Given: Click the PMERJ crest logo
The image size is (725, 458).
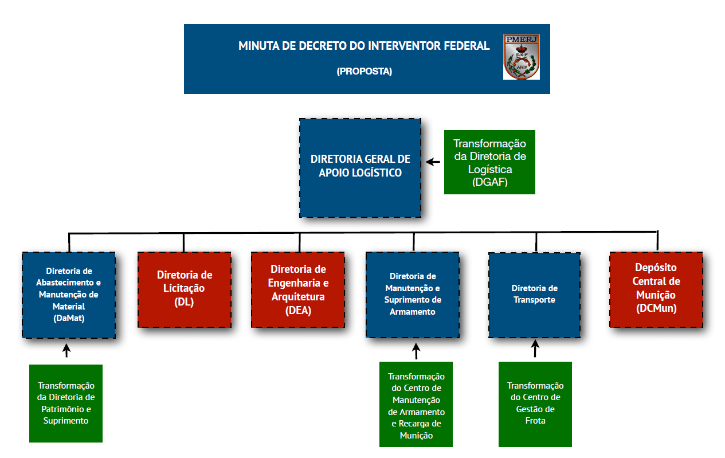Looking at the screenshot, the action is pyautogui.click(x=522, y=57).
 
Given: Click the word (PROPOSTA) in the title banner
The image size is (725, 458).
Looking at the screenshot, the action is pyautogui.click(x=364, y=71).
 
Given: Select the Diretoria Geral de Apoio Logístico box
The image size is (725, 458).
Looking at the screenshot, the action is pyautogui.click(x=360, y=167).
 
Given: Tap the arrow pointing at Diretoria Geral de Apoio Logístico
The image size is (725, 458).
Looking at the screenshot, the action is pyautogui.click(x=433, y=162).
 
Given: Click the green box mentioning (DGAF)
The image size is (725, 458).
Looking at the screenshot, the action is pyautogui.click(x=489, y=162).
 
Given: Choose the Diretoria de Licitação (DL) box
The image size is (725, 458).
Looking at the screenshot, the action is pyautogui.click(x=184, y=289).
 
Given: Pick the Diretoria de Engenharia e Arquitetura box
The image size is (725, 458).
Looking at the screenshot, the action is pyautogui.click(x=298, y=289).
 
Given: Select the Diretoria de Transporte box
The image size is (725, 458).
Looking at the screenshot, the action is pyautogui.click(x=534, y=295).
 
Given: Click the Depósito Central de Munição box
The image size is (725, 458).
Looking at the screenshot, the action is pyautogui.click(x=656, y=289).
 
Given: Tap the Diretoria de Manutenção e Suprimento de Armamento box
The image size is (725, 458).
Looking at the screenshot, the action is pyautogui.click(x=412, y=295).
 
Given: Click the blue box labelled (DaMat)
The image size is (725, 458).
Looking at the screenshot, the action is pyautogui.click(x=69, y=295).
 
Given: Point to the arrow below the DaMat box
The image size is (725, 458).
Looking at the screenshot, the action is pyautogui.click(x=66, y=351).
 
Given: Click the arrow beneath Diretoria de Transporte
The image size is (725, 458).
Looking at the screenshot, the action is pyautogui.click(x=535, y=349).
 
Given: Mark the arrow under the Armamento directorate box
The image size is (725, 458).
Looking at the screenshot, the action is pyautogui.click(x=416, y=351).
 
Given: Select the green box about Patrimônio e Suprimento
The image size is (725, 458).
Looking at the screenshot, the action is pyautogui.click(x=66, y=404).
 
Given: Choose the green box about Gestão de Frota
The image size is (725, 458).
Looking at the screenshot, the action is pyautogui.click(x=535, y=404).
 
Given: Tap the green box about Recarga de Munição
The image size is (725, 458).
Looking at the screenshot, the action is pyautogui.click(x=416, y=404).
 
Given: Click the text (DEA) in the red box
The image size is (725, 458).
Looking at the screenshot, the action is pyautogui.click(x=298, y=311).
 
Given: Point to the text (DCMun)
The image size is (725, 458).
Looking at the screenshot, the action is pyautogui.click(x=656, y=308).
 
